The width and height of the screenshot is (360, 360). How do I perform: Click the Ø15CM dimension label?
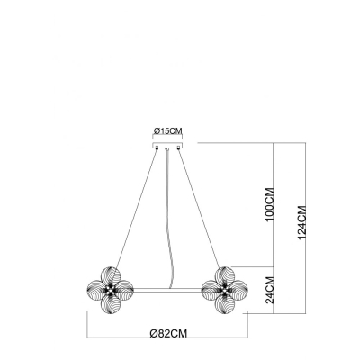tap(167, 130)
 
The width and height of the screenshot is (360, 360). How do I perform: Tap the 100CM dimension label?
tap(270, 204)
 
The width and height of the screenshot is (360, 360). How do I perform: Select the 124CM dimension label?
tap(301, 223)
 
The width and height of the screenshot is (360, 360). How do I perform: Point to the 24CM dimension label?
tap(270, 290)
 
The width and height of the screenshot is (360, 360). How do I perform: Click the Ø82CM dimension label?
tap(168, 333)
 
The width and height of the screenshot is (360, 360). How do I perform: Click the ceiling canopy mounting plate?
tap(167, 146)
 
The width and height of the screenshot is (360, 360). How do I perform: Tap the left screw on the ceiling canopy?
tap(157, 148)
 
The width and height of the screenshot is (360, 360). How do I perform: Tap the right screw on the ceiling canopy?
tap(178, 148)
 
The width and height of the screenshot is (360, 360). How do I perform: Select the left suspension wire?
tap(137, 208)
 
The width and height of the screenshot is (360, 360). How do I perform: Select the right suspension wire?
tap(200, 208)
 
